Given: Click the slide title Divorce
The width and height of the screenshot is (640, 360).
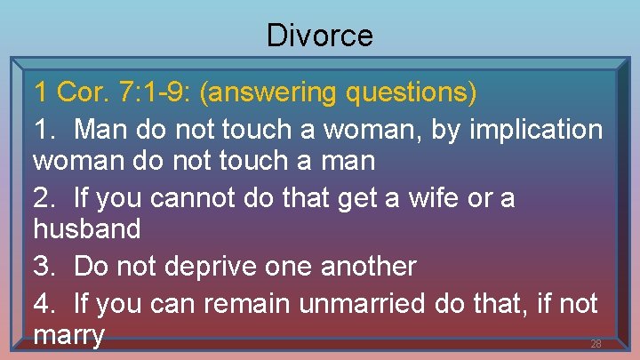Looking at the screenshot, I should pyautogui.click(x=320, y=36).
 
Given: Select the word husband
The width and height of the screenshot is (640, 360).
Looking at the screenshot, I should pyautogui.click(x=86, y=230).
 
